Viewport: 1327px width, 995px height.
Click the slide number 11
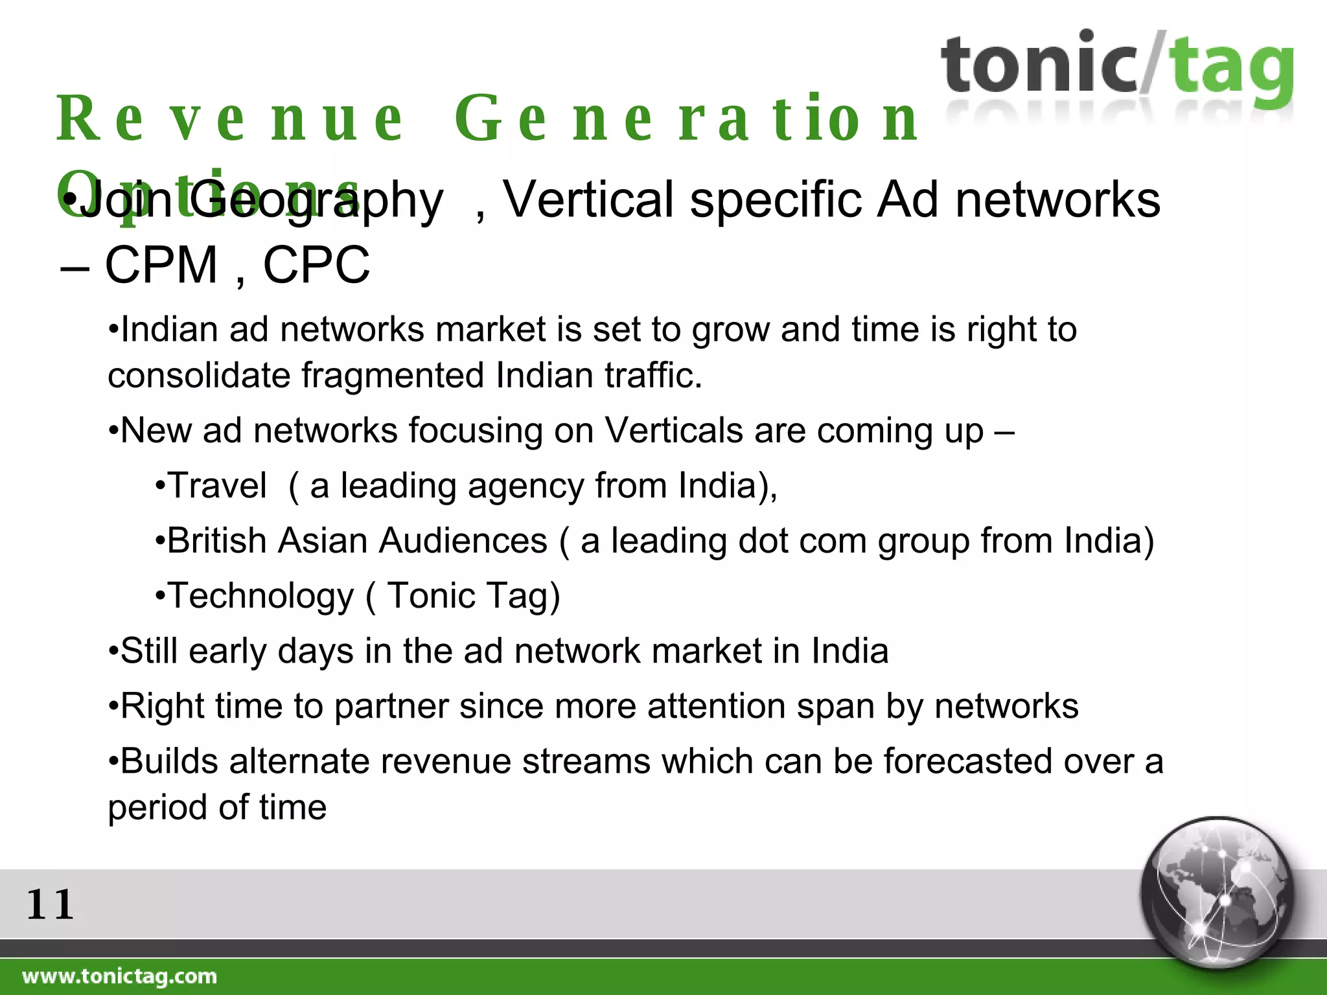point(50,904)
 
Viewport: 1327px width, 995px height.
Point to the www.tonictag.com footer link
point(120,976)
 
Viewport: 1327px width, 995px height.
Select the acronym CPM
point(161,265)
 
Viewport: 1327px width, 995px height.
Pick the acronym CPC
point(316,265)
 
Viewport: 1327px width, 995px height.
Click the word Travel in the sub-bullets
point(217,486)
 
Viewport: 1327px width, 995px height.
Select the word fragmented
point(393,376)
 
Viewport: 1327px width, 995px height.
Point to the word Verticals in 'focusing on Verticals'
point(673,431)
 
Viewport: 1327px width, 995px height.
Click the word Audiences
point(463,541)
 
